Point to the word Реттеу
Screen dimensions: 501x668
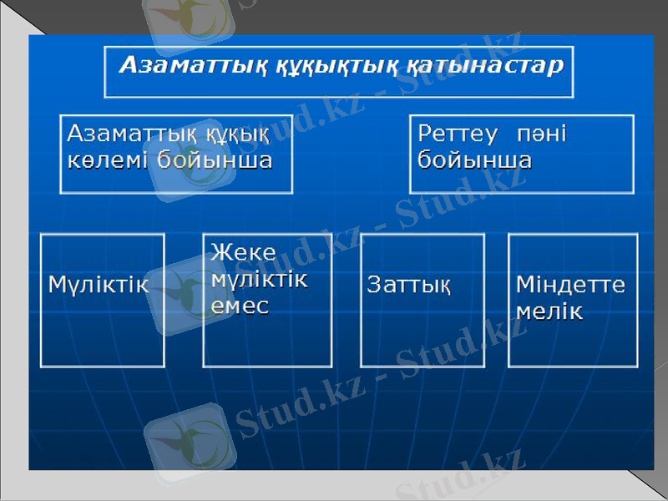point(458,134)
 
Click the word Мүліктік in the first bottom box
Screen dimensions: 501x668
point(98,285)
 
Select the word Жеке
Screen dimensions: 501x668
point(243,252)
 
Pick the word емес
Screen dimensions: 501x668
point(240,306)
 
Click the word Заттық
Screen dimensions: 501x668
point(409,285)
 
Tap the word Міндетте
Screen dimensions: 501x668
point(570,285)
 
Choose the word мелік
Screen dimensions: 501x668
point(549,311)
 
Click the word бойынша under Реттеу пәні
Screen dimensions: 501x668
point(474,160)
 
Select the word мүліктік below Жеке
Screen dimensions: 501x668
point(259,279)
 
